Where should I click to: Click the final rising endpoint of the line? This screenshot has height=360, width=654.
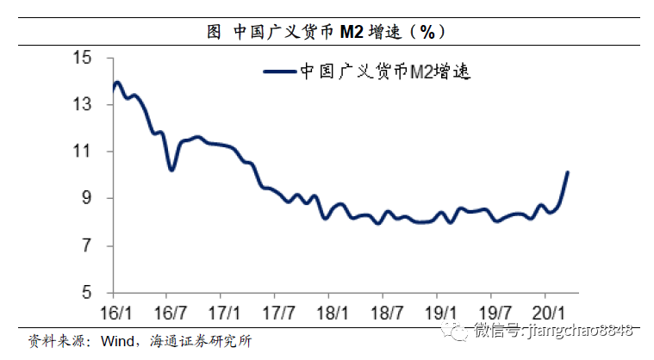567,172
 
